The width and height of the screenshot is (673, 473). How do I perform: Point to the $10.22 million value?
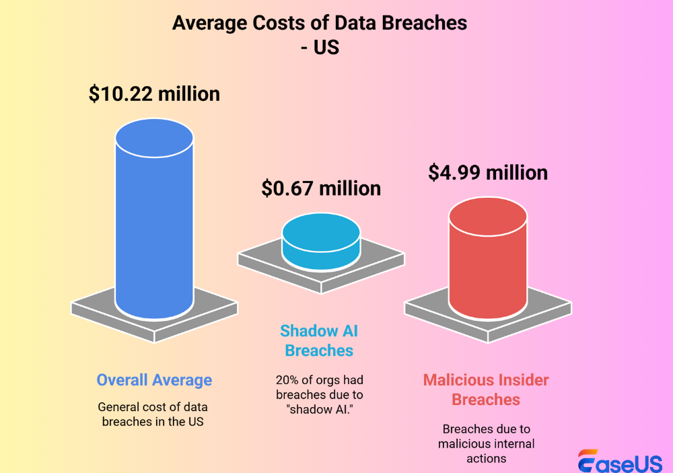[154, 94]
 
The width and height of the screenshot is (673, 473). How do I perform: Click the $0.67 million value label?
[321, 188]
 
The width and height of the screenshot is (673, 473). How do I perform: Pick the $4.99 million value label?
[488, 172]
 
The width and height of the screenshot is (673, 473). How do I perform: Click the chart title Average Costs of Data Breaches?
[320, 22]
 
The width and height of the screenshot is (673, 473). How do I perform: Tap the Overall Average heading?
[154, 379]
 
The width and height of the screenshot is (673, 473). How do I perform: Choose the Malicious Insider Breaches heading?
[486, 390]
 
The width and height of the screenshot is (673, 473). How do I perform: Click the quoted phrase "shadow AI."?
[318, 410]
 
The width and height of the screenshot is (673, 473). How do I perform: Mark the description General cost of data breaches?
[153, 414]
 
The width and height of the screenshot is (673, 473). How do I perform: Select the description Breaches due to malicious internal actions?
[486, 443]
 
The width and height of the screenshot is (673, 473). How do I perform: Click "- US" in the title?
[320, 48]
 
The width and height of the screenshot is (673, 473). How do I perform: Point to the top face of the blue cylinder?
[154, 138]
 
